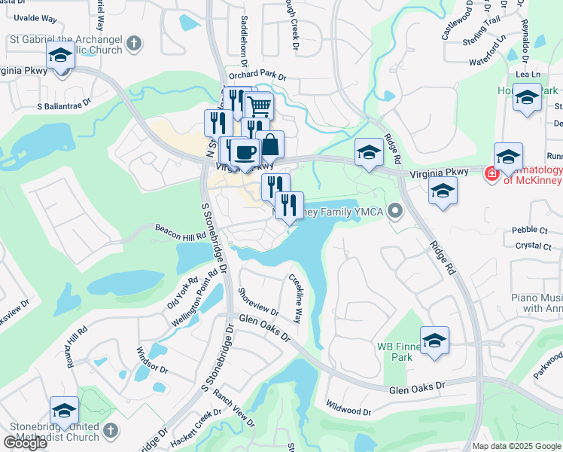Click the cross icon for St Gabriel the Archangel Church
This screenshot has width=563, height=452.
click(x=134, y=42)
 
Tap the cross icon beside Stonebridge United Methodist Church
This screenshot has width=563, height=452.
click(x=110, y=430)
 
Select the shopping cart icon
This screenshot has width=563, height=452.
click(x=259, y=105)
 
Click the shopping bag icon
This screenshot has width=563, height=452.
click(x=270, y=143)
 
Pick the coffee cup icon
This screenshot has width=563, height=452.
click(x=245, y=152)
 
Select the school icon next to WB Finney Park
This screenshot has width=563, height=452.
click(x=434, y=341)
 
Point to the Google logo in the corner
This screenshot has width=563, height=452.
click(x=25, y=443)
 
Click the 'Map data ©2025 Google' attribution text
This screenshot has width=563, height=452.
click(x=516, y=446)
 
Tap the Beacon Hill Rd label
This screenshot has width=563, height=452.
click(x=181, y=231)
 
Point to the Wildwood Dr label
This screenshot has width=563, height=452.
click(x=348, y=411)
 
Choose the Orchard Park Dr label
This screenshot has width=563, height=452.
click(x=257, y=76)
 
